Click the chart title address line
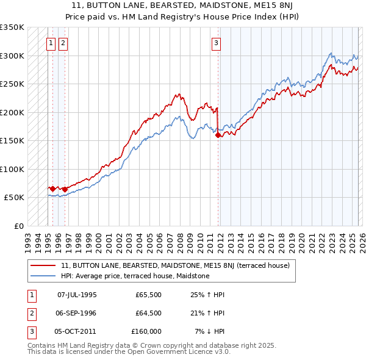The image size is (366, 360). tap(183, 6)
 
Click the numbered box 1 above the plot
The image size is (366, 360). tap(50, 43)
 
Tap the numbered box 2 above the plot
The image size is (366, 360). tap(63, 43)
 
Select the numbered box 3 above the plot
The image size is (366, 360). tap(216, 43)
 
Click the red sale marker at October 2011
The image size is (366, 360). tap(218, 135)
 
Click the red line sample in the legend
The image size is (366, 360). tap(43, 265)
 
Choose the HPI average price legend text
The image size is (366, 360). tap(135, 276)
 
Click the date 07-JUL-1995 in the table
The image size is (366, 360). tap(77, 294)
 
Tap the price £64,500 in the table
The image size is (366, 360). tap(148, 313)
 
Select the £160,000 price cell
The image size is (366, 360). tap(146, 331)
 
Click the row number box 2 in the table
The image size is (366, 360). tap(30, 313)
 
